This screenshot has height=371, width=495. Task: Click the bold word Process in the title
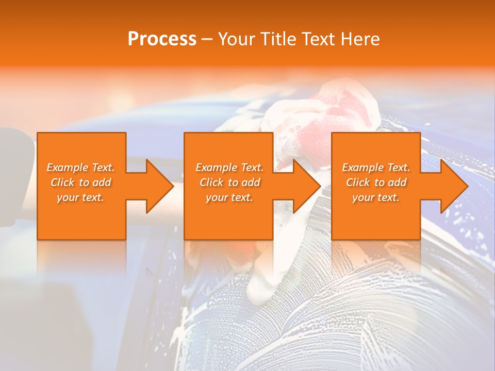pos(162,39)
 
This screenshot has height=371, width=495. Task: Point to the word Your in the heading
pos(236,39)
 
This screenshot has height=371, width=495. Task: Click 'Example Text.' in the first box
pos(81,167)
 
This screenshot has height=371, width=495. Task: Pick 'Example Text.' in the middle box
pos(229,167)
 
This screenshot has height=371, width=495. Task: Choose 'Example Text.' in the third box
pos(376,167)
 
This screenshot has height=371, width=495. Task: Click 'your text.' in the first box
pos(80,197)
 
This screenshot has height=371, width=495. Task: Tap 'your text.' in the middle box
pos(229,197)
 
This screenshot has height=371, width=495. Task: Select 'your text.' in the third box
pos(376,197)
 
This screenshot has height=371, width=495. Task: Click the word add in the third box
pos(397,182)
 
